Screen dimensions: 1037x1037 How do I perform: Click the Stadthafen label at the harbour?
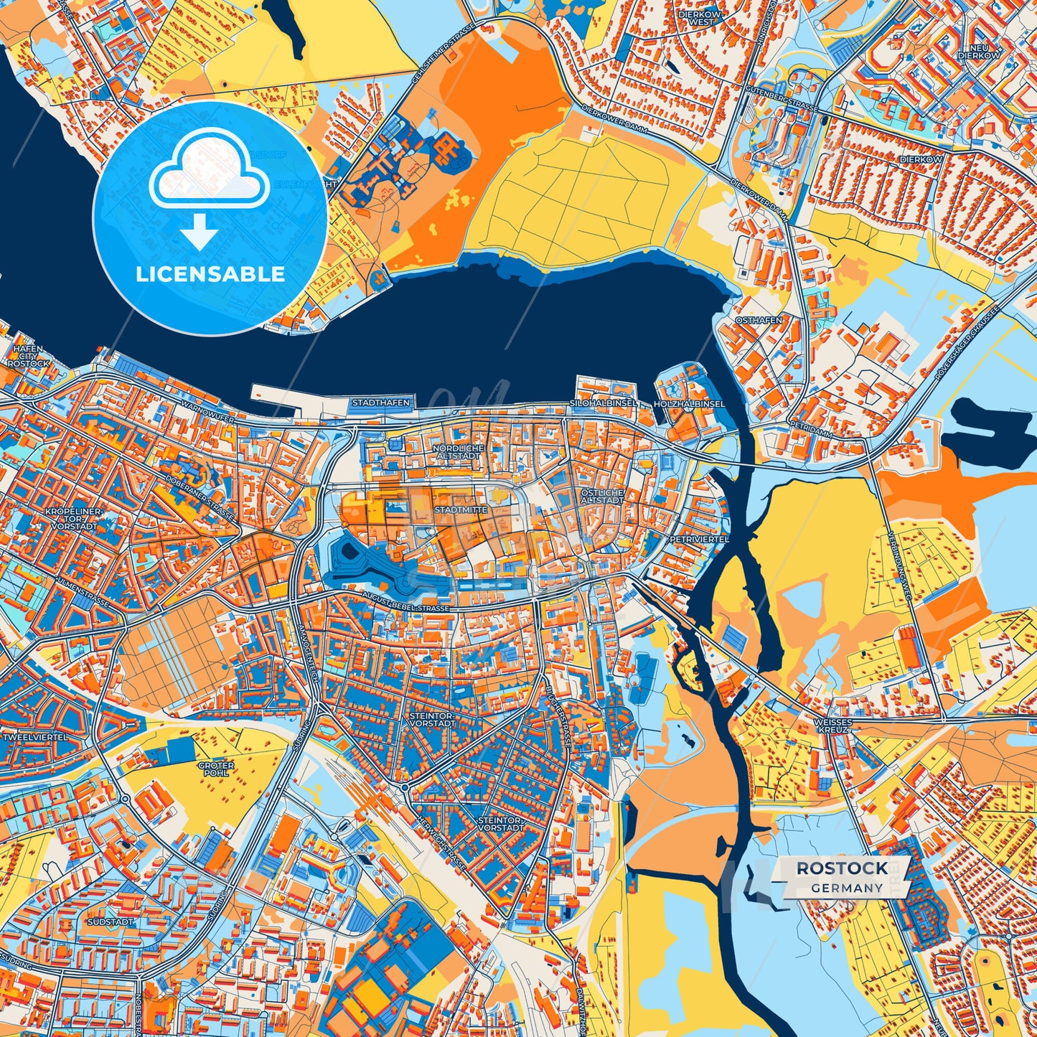(380, 403)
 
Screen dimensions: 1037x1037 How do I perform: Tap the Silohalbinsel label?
(603, 403)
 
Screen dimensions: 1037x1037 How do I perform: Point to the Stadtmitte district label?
(461, 510)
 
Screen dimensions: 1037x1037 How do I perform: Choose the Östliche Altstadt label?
(601, 496)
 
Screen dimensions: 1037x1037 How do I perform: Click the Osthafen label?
(758, 321)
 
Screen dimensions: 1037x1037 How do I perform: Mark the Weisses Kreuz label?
(832, 726)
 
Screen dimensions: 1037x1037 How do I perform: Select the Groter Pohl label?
(216, 769)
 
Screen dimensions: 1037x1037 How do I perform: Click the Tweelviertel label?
(35, 737)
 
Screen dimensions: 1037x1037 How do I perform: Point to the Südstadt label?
(109, 921)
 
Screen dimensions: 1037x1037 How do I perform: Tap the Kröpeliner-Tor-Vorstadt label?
(72, 519)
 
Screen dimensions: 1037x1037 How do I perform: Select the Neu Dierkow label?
(978, 51)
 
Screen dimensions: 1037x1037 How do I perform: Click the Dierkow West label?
(700, 17)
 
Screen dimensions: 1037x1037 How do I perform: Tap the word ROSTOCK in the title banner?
(842, 868)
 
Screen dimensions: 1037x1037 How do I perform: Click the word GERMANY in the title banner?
(847, 888)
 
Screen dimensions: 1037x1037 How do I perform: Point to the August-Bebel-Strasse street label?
(406, 607)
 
